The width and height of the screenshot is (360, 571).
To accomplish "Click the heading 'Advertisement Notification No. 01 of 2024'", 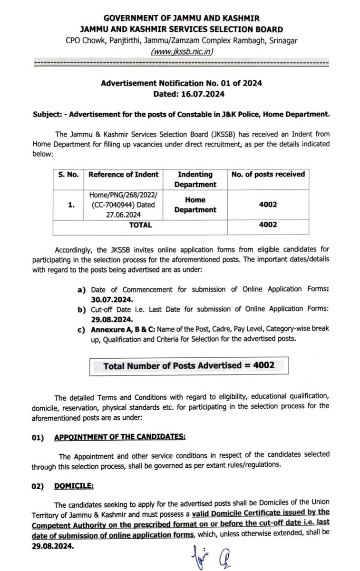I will (181, 83).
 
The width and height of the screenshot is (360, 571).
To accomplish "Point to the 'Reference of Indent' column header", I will (124, 174).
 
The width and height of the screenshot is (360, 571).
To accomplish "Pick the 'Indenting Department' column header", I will (195, 179).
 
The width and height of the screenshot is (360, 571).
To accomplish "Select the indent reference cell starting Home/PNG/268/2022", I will (124, 204).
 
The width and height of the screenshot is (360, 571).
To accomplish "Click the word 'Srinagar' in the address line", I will (282, 41).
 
